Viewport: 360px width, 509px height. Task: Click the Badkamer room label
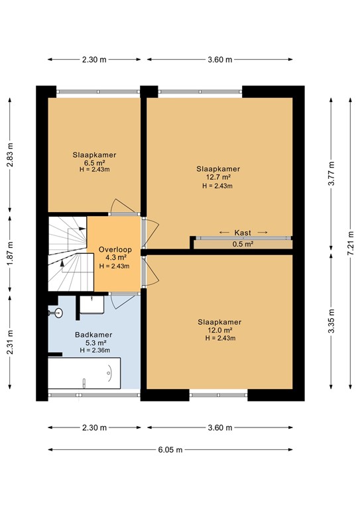(x=93, y=335)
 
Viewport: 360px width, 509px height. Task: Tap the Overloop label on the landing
(x=115, y=249)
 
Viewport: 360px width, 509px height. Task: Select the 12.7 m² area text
(x=219, y=177)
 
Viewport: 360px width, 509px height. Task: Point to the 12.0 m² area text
(x=219, y=330)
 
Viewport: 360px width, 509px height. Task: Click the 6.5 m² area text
(x=94, y=163)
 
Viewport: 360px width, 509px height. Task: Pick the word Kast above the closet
(x=243, y=233)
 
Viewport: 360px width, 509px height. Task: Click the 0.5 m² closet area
(x=243, y=244)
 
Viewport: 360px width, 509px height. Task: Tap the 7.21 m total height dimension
(x=350, y=243)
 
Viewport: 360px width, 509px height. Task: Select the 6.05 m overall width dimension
(x=170, y=449)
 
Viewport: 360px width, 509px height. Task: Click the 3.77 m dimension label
(x=331, y=174)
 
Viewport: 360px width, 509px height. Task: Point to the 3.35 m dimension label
(x=331, y=321)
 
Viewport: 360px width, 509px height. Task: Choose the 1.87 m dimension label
(x=10, y=254)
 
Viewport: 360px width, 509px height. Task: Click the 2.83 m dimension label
(x=10, y=155)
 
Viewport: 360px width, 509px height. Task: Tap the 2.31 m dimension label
(x=10, y=342)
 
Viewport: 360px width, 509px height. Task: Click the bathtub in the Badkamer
(x=84, y=373)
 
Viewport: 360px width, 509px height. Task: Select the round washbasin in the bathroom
(x=58, y=313)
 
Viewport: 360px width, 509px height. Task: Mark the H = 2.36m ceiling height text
(x=95, y=350)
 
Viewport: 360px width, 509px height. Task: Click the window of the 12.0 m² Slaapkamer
(x=219, y=395)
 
